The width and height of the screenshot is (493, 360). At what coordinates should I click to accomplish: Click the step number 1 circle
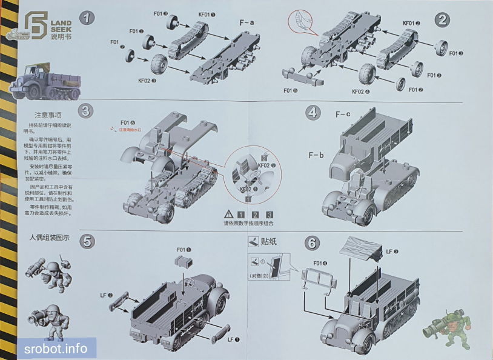[88, 18]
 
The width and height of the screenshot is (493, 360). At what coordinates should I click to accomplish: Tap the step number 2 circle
[443, 19]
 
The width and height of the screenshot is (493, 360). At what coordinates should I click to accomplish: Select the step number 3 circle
[86, 110]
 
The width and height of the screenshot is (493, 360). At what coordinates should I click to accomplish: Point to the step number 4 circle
[313, 112]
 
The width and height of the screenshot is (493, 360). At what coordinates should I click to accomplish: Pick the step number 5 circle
[88, 241]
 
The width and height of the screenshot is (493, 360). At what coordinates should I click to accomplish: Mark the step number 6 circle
[311, 243]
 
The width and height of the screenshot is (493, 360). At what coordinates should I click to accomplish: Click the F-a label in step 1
[247, 22]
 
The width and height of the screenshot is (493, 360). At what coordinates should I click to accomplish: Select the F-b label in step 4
[316, 155]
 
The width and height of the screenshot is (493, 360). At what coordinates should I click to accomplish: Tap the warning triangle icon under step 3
[228, 214]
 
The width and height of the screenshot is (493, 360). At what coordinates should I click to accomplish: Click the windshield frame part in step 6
[320, 281]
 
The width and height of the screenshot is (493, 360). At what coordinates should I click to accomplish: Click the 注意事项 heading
[49, 115]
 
